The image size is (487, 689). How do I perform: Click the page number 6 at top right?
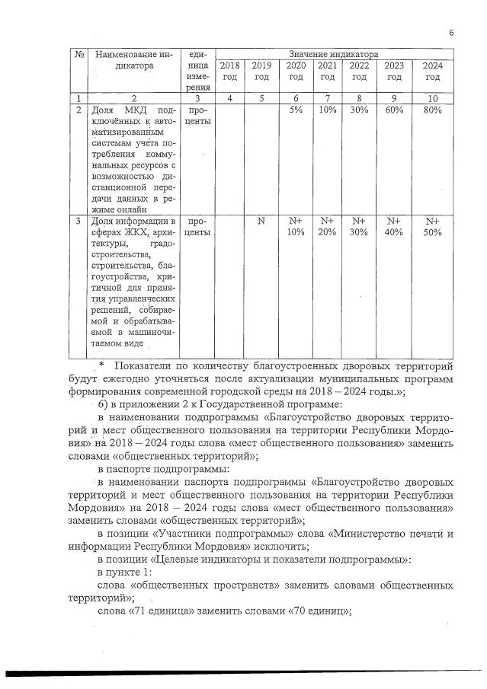pos(451,32)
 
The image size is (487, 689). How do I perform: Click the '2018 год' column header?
pos(229,72)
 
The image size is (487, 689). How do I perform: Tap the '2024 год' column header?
pos(433,72)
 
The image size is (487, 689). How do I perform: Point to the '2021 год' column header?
pos(327,72)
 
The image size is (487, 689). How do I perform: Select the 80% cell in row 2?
pos(433,110)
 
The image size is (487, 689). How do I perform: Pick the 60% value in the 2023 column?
pos(394,110)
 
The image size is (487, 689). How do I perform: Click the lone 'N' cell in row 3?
pos(261,220)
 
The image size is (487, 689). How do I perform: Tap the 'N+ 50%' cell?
pos(433,226)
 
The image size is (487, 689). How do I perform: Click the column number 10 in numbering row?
pos(433,98)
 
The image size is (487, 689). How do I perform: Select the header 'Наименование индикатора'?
pos(131,60)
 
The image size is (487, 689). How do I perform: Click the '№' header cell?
pos(79,55)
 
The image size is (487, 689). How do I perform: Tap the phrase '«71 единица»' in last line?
pos(160,611)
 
